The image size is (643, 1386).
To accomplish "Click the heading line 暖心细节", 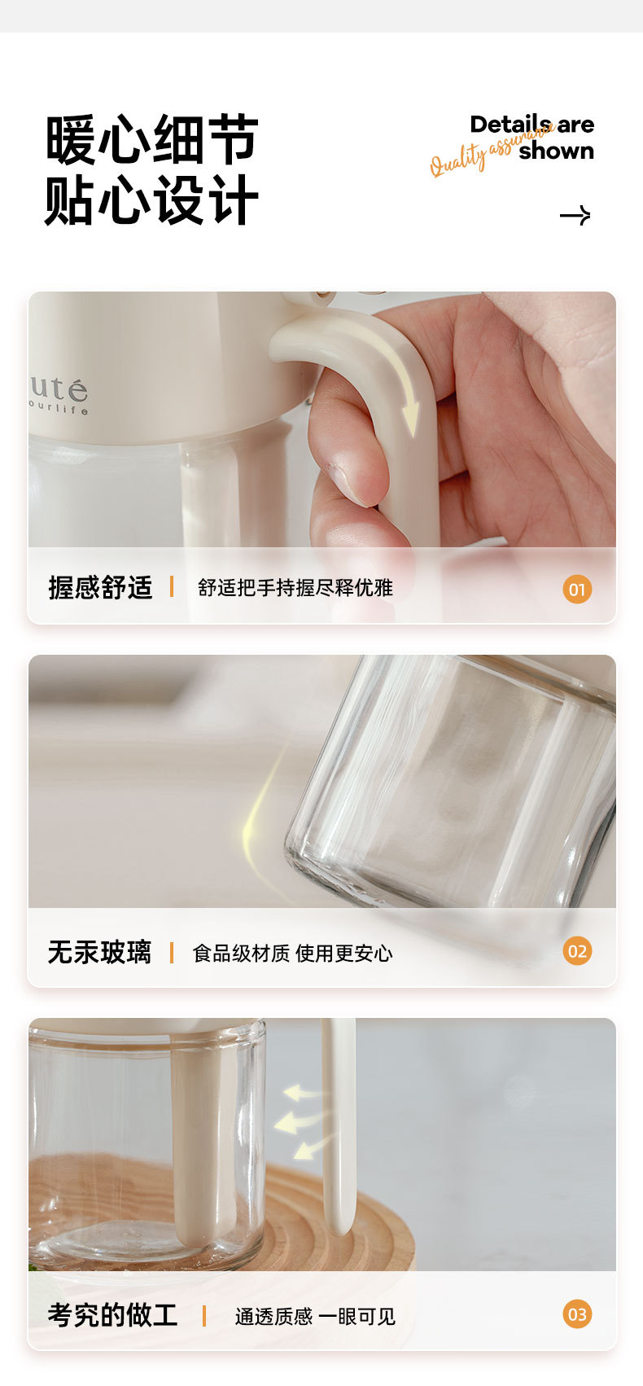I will pos(151,140).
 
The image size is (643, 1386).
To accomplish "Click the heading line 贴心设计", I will pos(151,200).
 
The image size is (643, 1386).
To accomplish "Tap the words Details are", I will pos(531,125).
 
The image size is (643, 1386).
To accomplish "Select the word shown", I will pos(556,151).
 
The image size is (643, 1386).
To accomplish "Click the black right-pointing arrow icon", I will pos(575,215).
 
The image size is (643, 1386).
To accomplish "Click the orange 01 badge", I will pos(577,589).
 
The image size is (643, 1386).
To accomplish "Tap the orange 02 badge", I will pos(577,951).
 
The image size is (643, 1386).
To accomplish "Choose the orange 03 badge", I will pos(577,1314).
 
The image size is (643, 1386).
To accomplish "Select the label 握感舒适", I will pos(100,587).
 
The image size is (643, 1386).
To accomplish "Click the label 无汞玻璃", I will pos(99,952).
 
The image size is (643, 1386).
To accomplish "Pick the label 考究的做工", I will pos(112,1314).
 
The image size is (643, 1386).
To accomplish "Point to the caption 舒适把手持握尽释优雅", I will pos(295,587).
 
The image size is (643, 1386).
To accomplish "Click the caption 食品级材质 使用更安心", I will pos(292,953).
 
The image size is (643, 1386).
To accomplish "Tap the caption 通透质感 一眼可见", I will pos(315,1316).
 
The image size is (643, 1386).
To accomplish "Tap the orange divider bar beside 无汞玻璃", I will pos(172,952).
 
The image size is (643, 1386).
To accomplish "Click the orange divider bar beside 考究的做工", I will pos(204,1315).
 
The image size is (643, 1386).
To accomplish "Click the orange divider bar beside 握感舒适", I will pos(172,586).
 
